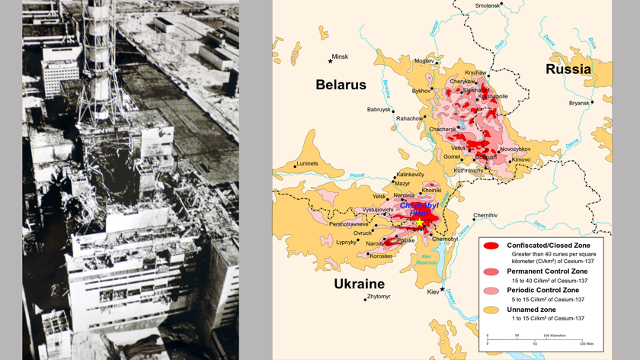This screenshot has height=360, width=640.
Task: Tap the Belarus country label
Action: pyautogui.click(x=341, y=85)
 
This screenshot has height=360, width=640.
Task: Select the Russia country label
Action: pyautogui.click(x=568, y=69)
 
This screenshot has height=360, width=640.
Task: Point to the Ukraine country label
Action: pyautogui.click(x=359, y=284)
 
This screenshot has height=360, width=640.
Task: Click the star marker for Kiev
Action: pyautogui.click(x=442, y=290)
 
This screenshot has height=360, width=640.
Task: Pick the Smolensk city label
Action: pyautogui.click(x=488, y=5)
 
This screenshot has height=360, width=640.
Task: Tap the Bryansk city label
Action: pyautogui.click(x=579, y=103)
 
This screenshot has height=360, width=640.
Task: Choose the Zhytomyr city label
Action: pyautogui.click(x=379, y=297)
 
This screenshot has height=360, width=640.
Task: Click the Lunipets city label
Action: pyautogui.click(x=308, y=163)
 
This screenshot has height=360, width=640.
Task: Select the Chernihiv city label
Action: pyautogui.click(x=485, y=215)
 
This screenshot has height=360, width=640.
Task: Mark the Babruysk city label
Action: pyautogui.click(x=379, y=110)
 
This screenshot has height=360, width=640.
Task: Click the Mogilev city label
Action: pyautogui.click(x=424, y=61)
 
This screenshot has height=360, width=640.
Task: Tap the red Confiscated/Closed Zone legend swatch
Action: pyautogui.click(x=491, y=246)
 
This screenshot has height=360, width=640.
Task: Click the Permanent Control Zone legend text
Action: pyautogui.click(x=547, y=272)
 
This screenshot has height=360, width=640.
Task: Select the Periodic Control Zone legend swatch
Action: pyautogui.click(x=491, y=291)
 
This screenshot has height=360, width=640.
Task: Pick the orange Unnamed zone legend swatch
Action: pyautogui.click(x=491, y=310)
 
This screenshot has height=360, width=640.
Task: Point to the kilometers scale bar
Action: pyautogui.click(x=534, y=339)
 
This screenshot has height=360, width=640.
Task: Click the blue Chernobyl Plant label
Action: pyautogui.click(x=419, y=210)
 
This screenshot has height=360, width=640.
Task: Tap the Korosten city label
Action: pyautogui.click(x=381, y=256)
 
